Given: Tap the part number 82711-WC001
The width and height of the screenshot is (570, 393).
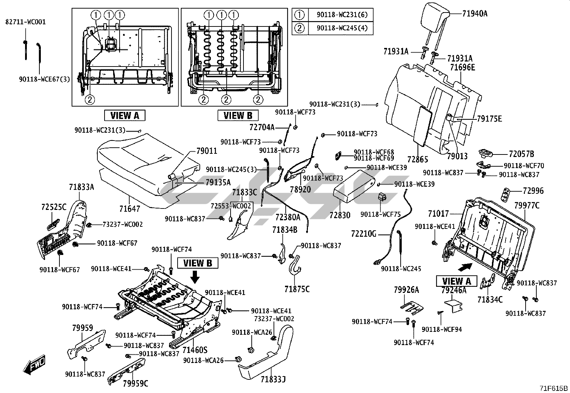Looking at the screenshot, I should (25, 22).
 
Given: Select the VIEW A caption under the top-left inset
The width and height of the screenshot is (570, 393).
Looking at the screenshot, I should (124, 116).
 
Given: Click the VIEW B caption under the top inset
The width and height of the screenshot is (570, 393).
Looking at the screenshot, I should (238, 116).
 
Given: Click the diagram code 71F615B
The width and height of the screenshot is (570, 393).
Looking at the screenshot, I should (554, 388).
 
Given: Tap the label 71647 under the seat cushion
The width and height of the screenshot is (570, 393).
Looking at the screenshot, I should (130, 208).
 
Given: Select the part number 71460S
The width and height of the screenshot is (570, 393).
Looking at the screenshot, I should (195, 349).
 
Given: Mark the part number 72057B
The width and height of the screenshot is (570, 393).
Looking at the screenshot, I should (521, 154).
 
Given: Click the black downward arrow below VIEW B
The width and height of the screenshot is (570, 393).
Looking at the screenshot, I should (195, 276).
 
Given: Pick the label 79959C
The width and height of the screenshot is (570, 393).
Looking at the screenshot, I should (135, 384).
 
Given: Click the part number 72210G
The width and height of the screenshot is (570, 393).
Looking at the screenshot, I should (364, 234).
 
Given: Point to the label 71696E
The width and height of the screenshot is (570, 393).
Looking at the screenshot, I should (462, 67).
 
